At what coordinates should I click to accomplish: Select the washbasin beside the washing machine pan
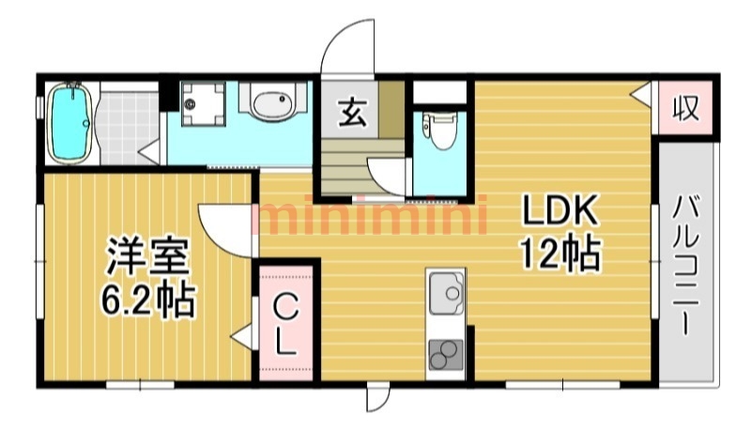click(272, 102)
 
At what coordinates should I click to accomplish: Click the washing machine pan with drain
click(204, 104)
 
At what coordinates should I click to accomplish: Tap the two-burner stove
click(446, 355)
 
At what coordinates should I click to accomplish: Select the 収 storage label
click(685, 108)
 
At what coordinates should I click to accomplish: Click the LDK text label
click(559, 210)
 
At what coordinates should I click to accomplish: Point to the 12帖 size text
click(559, 253)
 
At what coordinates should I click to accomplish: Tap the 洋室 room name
click(148, 256)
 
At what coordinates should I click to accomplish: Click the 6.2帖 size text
click(148, 300)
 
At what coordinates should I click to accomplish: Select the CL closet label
click(285, 324)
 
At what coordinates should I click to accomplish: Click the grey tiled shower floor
click(129, 128)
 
